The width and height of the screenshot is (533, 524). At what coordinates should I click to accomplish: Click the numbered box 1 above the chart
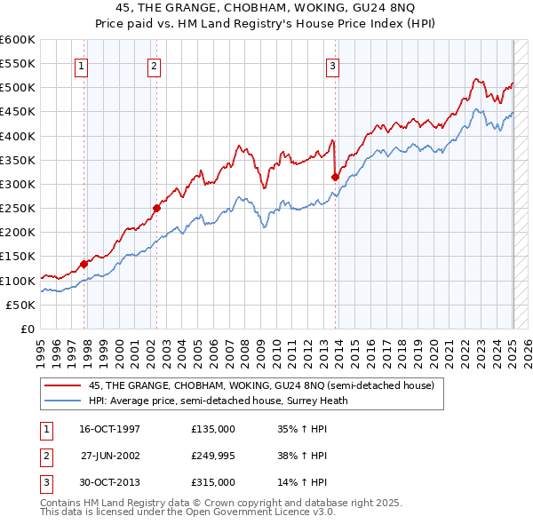click(x=82, y=65)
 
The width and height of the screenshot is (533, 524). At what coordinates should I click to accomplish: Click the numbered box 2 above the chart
click(x=154, y=65)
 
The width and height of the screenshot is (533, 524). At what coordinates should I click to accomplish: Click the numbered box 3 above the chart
click(x=332, y=65)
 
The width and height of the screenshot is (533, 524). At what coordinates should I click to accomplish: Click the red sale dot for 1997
click(x=84, y=263)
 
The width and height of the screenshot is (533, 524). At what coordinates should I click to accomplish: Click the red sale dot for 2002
click(x=156, y=208)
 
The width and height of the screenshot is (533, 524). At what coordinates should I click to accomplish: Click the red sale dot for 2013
click(x=335, y=177)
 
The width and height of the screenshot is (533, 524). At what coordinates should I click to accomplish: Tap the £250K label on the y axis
click(x=18, y=209)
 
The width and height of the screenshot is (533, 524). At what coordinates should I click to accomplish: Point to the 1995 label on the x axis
click(x=40, y=350)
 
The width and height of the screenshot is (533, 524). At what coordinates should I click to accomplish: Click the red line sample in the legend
click(x=62, y=385)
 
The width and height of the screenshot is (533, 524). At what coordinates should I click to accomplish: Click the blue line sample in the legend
click(x=62, y=401)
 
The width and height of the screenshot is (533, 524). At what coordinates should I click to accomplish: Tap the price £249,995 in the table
click(x=212, y=456)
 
